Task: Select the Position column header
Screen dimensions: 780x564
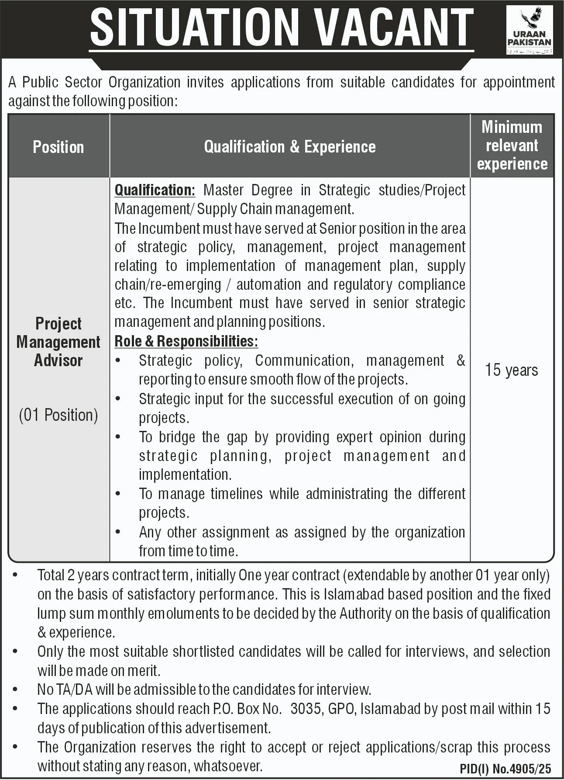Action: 58,147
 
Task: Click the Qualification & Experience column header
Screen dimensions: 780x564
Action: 290,147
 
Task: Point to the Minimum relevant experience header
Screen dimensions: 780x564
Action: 512,146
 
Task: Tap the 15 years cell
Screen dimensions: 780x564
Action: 512,370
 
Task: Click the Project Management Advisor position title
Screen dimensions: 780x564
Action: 58,342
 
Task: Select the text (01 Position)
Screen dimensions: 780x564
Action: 58,415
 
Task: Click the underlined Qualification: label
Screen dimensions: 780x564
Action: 155,190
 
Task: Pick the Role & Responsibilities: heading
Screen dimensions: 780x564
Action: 186,341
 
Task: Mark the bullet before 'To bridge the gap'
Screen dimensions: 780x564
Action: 118,437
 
